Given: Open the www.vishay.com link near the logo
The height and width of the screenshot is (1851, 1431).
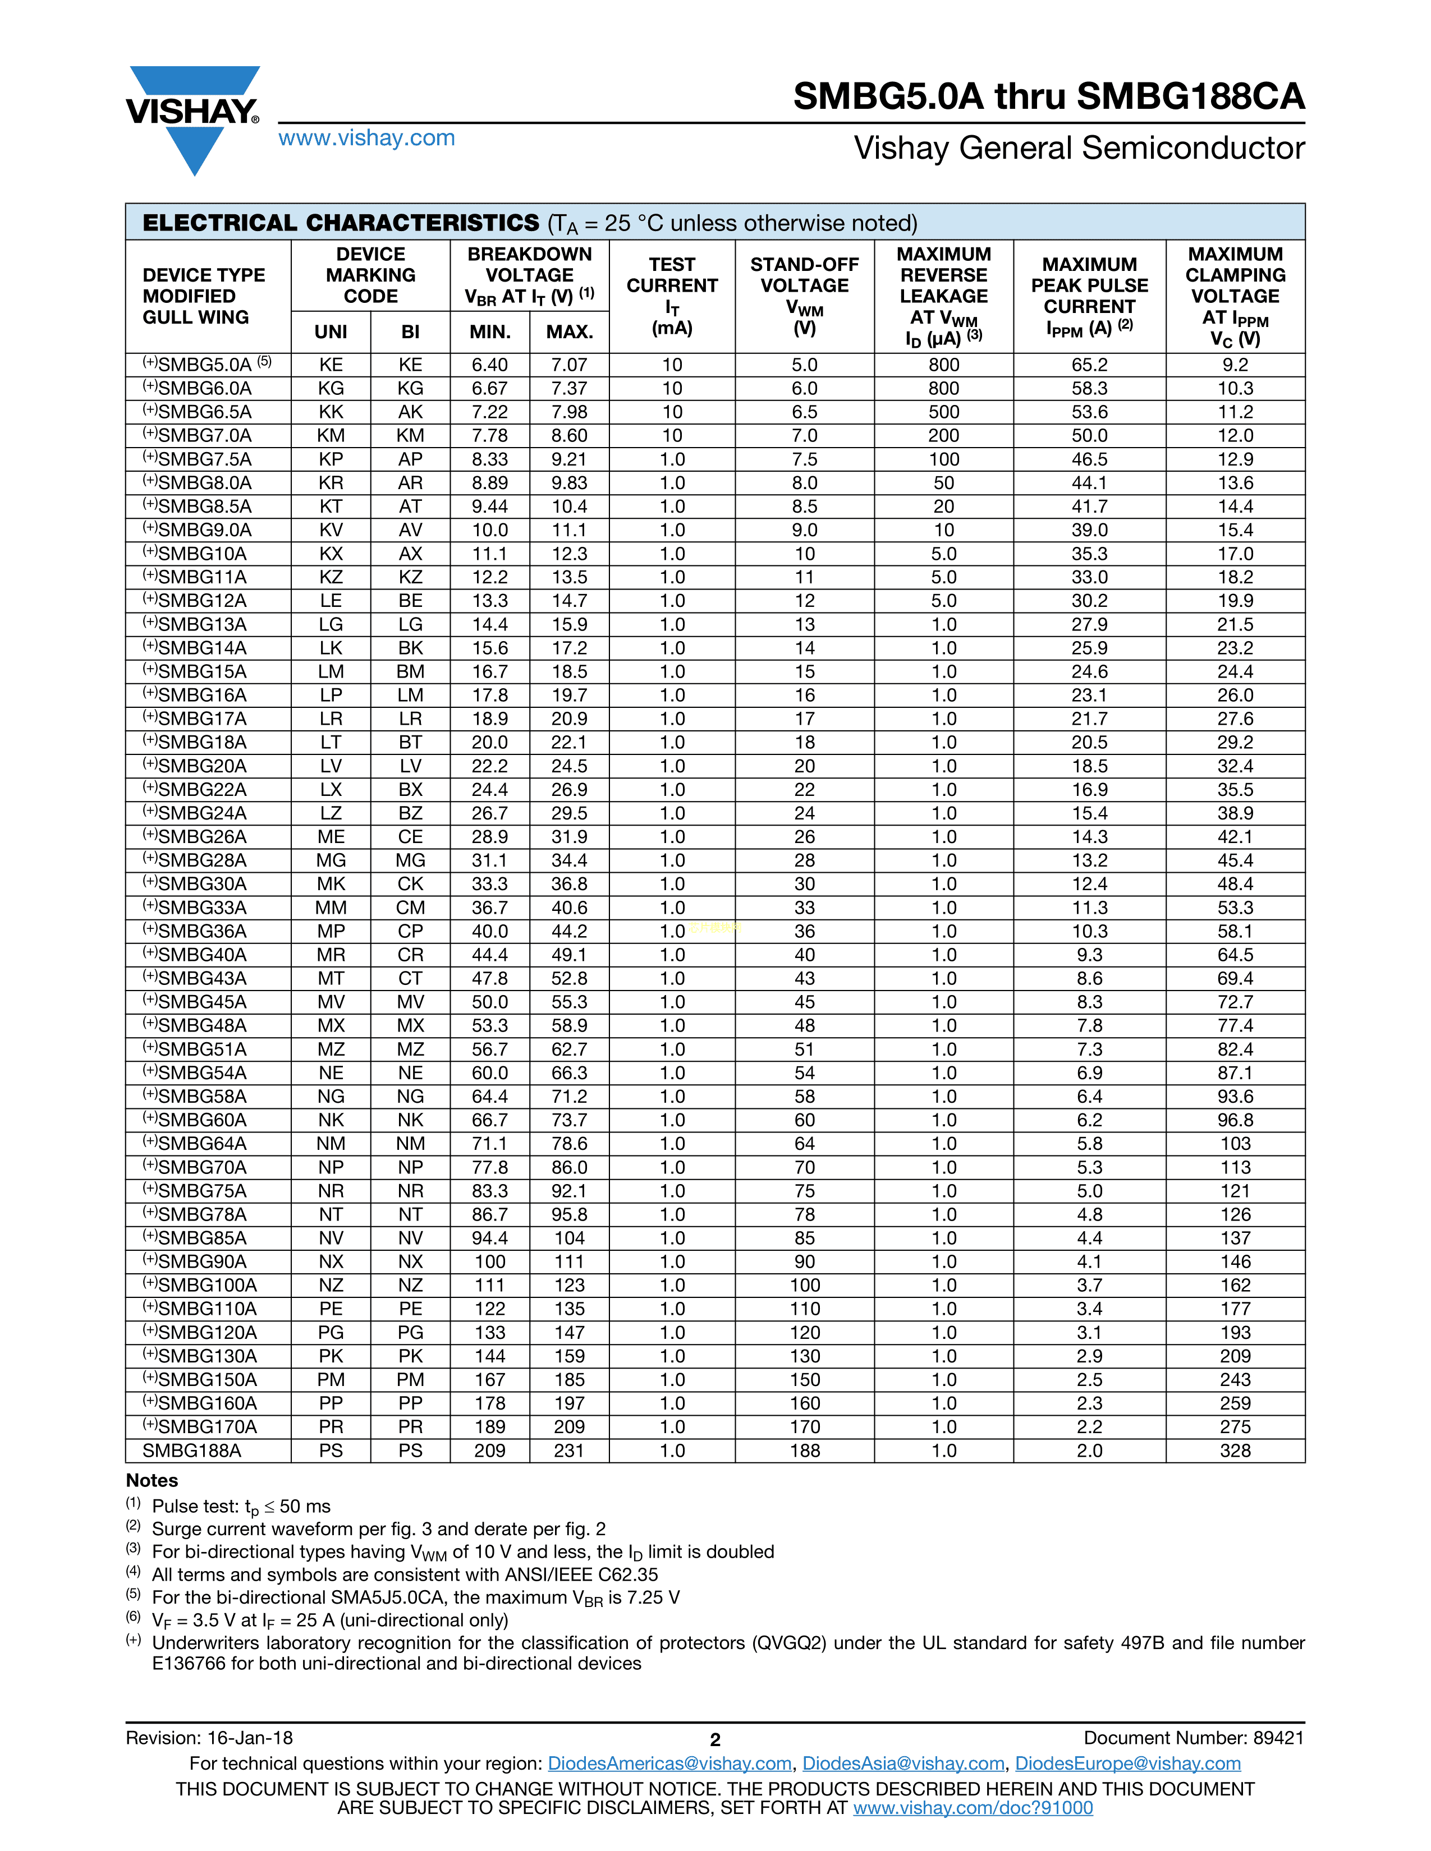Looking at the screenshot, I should point(366,138).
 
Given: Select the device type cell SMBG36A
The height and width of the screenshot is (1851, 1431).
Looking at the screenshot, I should point(202,931).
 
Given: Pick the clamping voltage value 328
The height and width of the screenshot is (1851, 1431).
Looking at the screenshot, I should point(1235,1450).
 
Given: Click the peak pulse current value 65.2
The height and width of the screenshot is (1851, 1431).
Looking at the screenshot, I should point(1089,365).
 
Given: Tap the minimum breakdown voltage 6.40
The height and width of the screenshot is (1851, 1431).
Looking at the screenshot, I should point(489,365).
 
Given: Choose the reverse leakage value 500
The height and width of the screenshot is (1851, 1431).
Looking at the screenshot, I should point(943,412).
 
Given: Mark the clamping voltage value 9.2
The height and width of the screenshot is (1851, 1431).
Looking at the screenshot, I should point(1235,365).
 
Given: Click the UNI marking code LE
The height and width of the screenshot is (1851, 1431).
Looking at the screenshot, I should point(331,601).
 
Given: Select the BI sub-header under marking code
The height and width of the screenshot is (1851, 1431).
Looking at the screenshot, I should point(410,331).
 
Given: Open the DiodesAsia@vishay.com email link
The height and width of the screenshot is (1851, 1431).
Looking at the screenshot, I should point(903,1763).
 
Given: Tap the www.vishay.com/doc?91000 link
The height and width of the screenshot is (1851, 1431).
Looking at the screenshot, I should point(973,1808).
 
